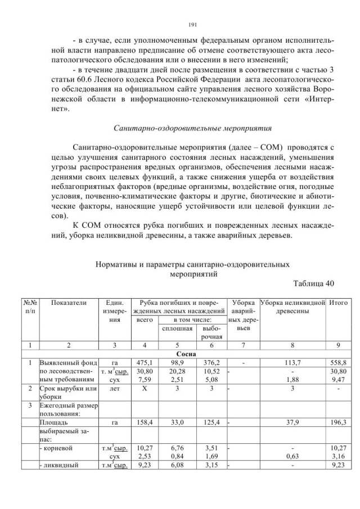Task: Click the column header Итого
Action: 338,303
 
